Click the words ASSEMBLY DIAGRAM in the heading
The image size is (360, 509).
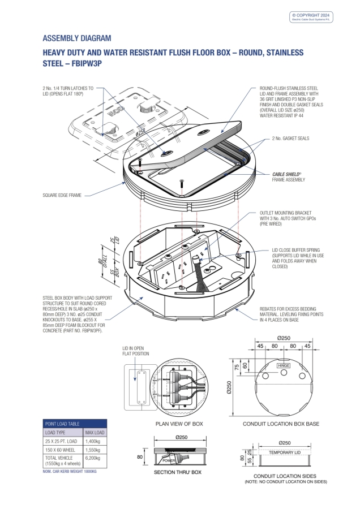pyautogui.click(x=77, y=38)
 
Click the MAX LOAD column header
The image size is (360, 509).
pyautogui.click(x=95, y=432)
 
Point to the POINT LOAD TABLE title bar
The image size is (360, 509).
pyautogui.click(x=75, y=423)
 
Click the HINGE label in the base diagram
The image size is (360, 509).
pyautogui.click(x=284, y=366)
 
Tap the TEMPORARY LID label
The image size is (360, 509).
pyautogui.click(x=285, y=452)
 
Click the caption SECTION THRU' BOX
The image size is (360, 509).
pyautogui.click(x=179, y=472)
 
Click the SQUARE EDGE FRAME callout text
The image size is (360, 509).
pyautogui.click(x=62, y=195)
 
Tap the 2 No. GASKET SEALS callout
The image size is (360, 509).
pyautogui.click(x=290, y=139)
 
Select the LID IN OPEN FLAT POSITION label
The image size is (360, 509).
pyautogui.click(x=136, y=351)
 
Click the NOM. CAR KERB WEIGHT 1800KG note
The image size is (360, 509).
pyautogui.click(x=70, y=471)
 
